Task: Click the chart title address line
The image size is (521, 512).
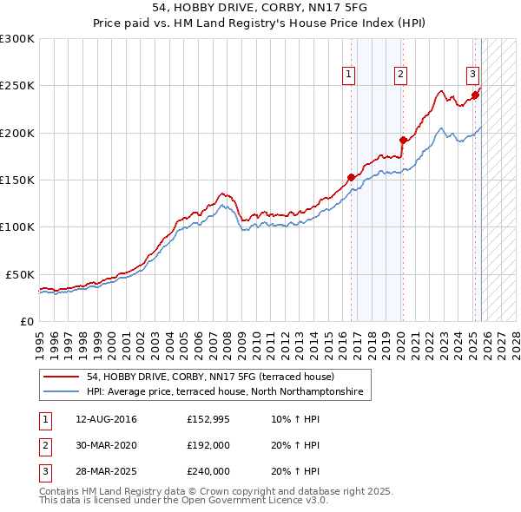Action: coord(260,7)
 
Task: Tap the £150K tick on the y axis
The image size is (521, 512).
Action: coord(16,180)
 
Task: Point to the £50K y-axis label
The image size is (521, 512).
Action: coord(20,274)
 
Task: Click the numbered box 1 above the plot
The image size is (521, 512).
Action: coord(348,75)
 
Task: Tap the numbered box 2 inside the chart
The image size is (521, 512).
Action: coord(400,75)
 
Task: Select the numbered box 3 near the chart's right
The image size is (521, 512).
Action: coord(473,75)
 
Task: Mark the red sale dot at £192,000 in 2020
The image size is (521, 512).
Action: coord(403,140)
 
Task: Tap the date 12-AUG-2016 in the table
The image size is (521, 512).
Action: coord(99,419)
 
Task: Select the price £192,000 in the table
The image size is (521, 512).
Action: coord(208,445)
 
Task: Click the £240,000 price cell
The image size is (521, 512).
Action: coord(208,471)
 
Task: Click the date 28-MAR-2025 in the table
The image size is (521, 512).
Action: coord(99,471)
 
